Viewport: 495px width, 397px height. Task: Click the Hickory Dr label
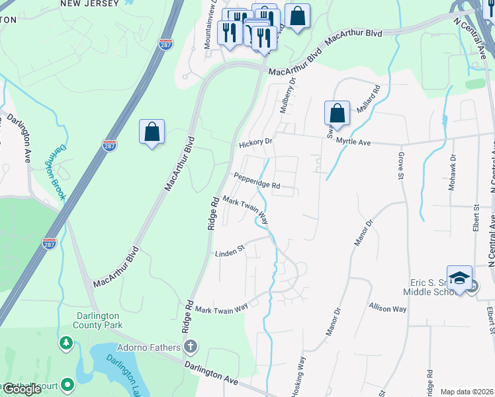pyautogui.click(x=255, y=142)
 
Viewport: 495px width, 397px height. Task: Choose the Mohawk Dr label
pyautogui.click(x=453, y=173)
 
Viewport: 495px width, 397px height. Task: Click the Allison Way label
pyautogui.click(x=388, y=308)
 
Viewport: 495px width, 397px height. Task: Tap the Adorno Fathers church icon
pyautogui.click(x=191, y=347)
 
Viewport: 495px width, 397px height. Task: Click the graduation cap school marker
pyautogui.click(x=459, y=279)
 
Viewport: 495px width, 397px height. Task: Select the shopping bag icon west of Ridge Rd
pyautogui.click(x=152, y=131)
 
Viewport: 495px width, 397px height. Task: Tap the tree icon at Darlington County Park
pyautogui.click(x=66, y=342)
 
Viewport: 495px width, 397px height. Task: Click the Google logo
pyautogui.click(x=22, y=388)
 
